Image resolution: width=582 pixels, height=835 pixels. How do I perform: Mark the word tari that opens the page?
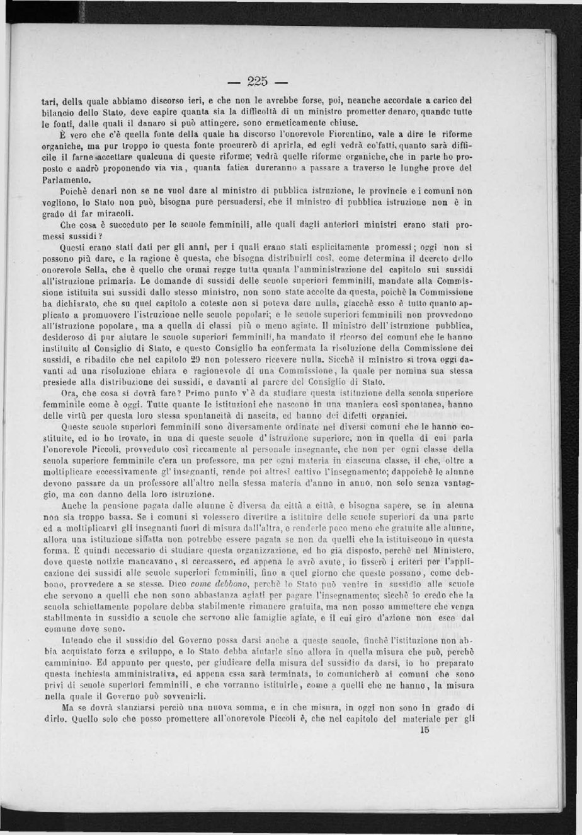(x=48, y=100)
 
